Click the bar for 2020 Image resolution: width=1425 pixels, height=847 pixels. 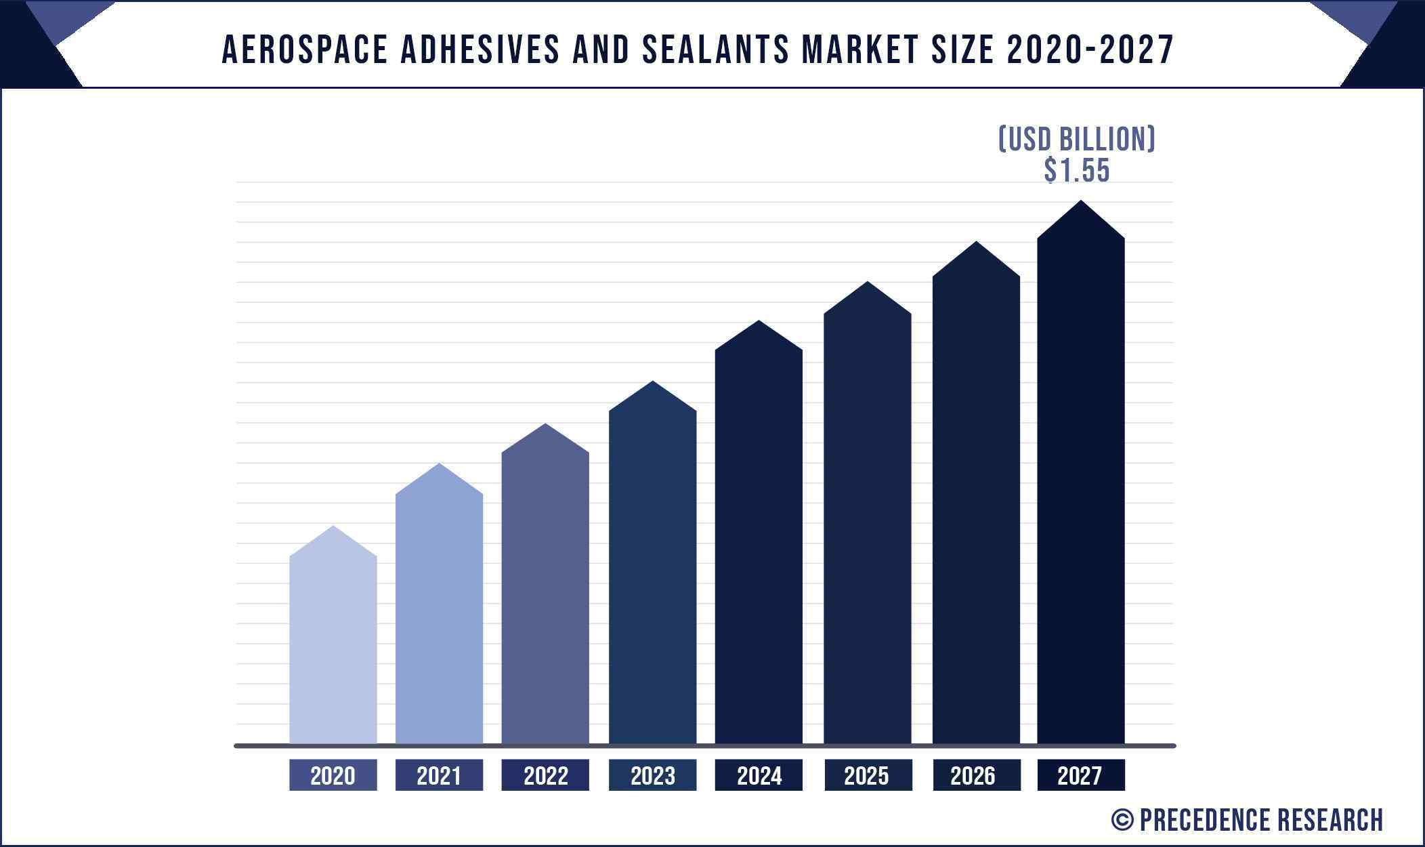[333, 644]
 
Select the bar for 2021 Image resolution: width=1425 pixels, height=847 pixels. [439, 610]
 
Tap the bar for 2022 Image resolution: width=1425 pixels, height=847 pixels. [545, 590]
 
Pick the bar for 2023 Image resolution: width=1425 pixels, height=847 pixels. [652, 569]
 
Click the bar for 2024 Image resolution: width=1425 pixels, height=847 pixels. [759, 542]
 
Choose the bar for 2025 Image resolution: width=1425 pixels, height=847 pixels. [867, 522]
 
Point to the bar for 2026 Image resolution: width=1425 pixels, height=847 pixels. [975, 501]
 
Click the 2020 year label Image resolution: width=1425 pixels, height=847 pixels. [333, 775]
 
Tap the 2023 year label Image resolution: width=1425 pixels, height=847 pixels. [652, 775]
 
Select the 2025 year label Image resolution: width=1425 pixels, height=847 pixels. [867, 775]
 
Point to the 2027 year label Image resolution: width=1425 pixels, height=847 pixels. [1080, 775]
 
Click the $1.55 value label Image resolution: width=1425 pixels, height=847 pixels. [1077, 170]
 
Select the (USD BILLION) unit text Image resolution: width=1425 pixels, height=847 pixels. [1077, 139]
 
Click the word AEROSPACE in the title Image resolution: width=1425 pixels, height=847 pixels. [305, 49]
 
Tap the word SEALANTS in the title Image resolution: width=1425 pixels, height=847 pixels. [715, 49]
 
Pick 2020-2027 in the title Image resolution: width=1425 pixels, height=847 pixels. [1090, 49]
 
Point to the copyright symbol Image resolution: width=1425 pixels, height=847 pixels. [1122, 820]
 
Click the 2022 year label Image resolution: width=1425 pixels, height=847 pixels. [545, 775]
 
